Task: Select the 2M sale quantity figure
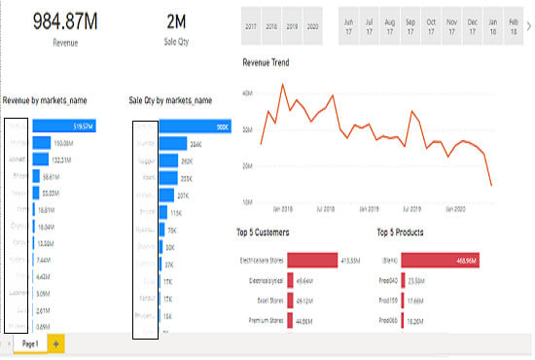pos(175,21)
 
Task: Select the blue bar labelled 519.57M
pos(63,126)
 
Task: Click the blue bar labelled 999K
pos(195,126)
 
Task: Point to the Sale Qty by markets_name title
pos(170,100)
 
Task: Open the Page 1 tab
pos(29,344)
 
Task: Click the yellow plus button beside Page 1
pos(55,344)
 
